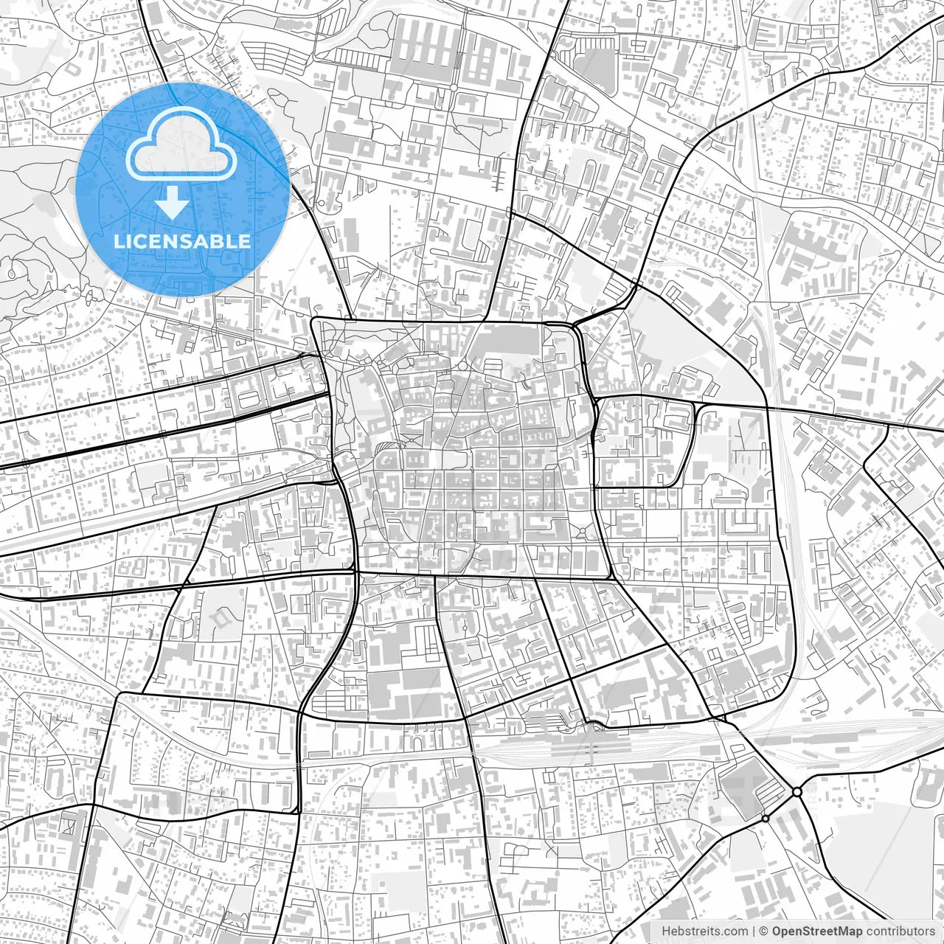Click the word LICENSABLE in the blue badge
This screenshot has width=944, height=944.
coord(182,241)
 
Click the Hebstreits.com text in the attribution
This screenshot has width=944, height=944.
coord(704,931)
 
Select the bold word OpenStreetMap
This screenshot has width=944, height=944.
coord(816,931)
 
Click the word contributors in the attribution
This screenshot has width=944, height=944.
coord(900,931)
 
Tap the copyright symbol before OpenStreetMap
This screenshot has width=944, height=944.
coord(764,931)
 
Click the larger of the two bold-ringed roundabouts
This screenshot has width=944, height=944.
coord(797,791)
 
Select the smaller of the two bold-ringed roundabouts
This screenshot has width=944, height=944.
coord(765,818)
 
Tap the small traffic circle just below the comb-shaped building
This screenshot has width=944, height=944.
coord(451,87)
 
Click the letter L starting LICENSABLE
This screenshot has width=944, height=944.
coord(119,241)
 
